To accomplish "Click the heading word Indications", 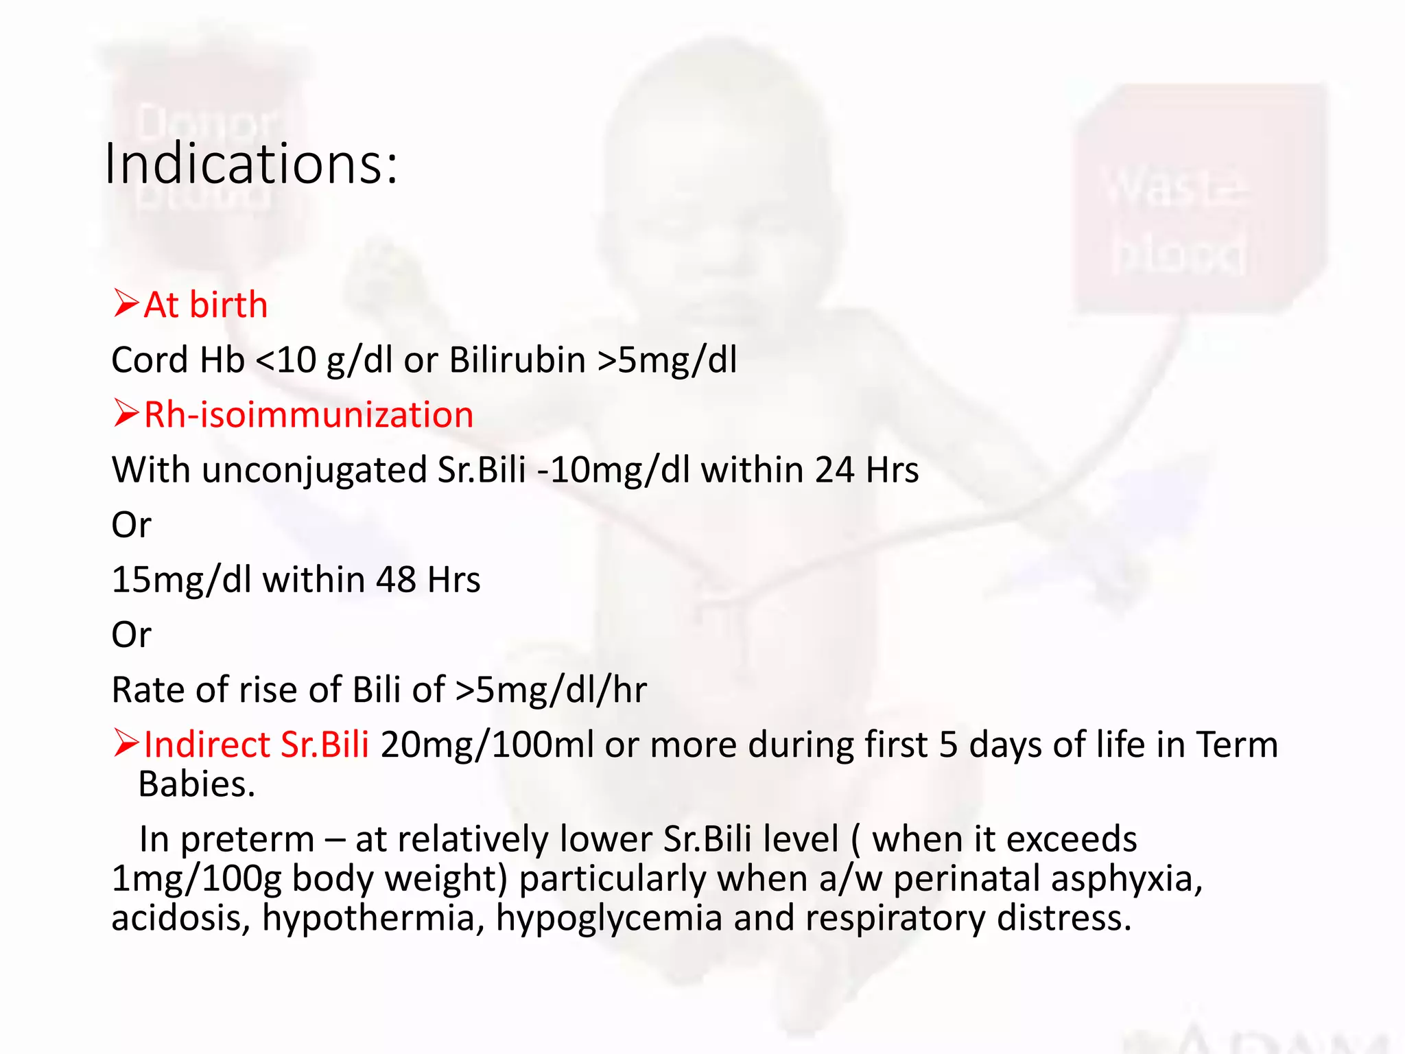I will (250, 165).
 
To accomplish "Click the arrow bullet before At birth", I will (127, 303).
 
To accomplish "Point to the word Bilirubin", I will (517, 360).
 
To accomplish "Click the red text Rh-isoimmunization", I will (309, 415).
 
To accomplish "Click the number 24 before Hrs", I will (834, 470).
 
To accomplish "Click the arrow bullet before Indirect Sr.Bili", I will (127, 743).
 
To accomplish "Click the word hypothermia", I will (374, 919).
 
